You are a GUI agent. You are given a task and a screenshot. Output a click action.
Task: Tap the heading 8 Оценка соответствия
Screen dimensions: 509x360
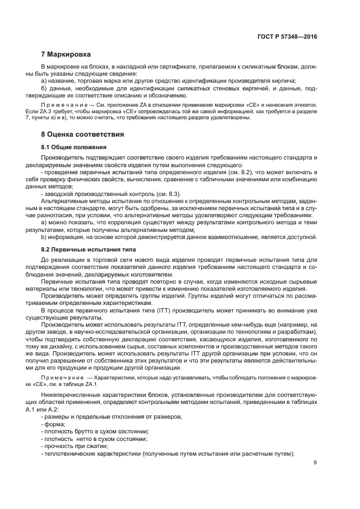tap(83, 134)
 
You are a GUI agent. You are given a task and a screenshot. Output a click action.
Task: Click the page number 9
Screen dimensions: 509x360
tap(315, 463)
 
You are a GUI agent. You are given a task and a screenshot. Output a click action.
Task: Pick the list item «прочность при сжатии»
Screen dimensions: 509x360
tap(75, 446)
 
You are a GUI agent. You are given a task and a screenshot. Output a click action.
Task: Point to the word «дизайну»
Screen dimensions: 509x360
tap(66, 346)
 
